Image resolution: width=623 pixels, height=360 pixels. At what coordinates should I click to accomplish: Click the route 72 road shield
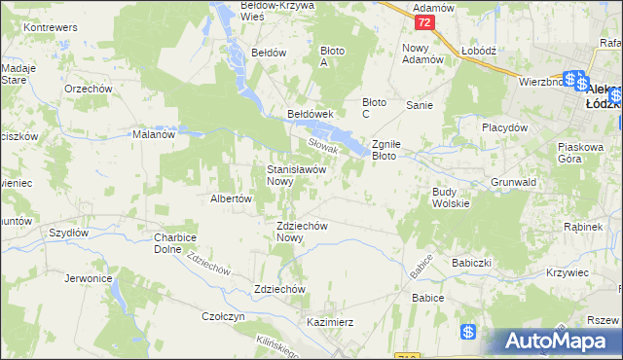click(422, 21)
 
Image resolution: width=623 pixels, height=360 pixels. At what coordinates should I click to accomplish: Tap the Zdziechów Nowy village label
click(295, 231)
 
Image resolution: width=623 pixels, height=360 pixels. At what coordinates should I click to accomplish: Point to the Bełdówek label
click(311, 114)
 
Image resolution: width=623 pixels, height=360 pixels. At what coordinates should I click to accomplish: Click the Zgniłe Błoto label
click(396, 149)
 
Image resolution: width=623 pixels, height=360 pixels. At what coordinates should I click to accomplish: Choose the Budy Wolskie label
click(451, 197)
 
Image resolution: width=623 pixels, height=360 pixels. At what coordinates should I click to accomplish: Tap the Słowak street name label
click(322, 145)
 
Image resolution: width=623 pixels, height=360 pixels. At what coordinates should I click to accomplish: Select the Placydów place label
click(504, 127)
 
